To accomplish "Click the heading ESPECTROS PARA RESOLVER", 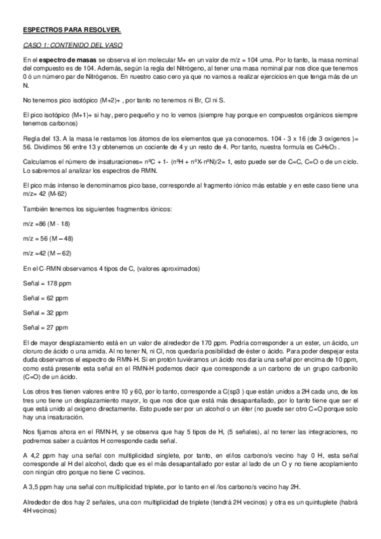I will click(62, 30).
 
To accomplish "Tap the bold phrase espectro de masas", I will click(64, 60).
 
